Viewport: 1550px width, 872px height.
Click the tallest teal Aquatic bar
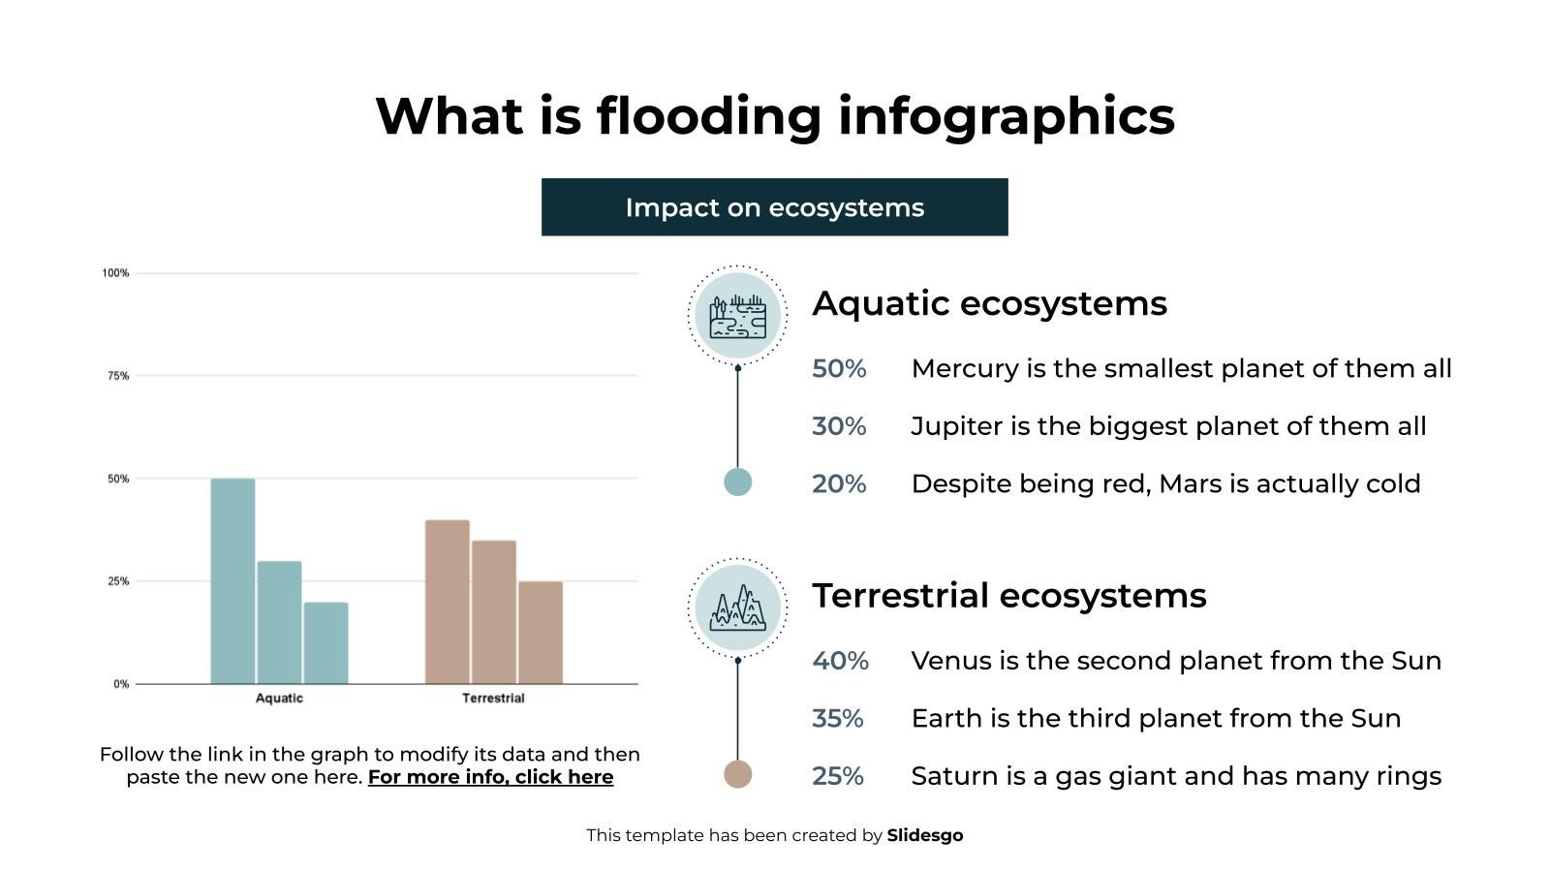coord(232,581)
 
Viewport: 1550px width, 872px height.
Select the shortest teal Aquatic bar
coord(325,643)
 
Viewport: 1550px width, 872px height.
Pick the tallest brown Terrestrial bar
coord(447,602)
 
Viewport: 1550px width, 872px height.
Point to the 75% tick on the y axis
coord(118,376)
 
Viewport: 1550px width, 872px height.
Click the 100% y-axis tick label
coord(115,273)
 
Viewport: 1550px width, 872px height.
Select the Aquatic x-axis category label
coord(279,699)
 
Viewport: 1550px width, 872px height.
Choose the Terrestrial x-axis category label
coord(493,699)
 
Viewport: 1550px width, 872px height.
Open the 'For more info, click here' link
coord(490,777)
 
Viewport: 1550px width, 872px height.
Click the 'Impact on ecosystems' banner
coord(774,207)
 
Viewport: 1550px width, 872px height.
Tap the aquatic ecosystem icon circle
coord(738,315)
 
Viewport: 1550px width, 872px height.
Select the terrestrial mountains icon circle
coord(738,607)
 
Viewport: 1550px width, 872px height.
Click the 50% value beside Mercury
coord(839,369)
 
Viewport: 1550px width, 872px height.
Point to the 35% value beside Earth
coord(837,719)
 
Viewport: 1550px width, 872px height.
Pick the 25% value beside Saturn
coord(837,776)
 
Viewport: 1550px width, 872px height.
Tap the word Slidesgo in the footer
coord(924,835)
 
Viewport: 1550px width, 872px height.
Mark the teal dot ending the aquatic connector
coord(738,482)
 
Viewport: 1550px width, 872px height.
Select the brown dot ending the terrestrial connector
coord(738,774)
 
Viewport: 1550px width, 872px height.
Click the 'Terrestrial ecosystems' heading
coord(1008,595)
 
